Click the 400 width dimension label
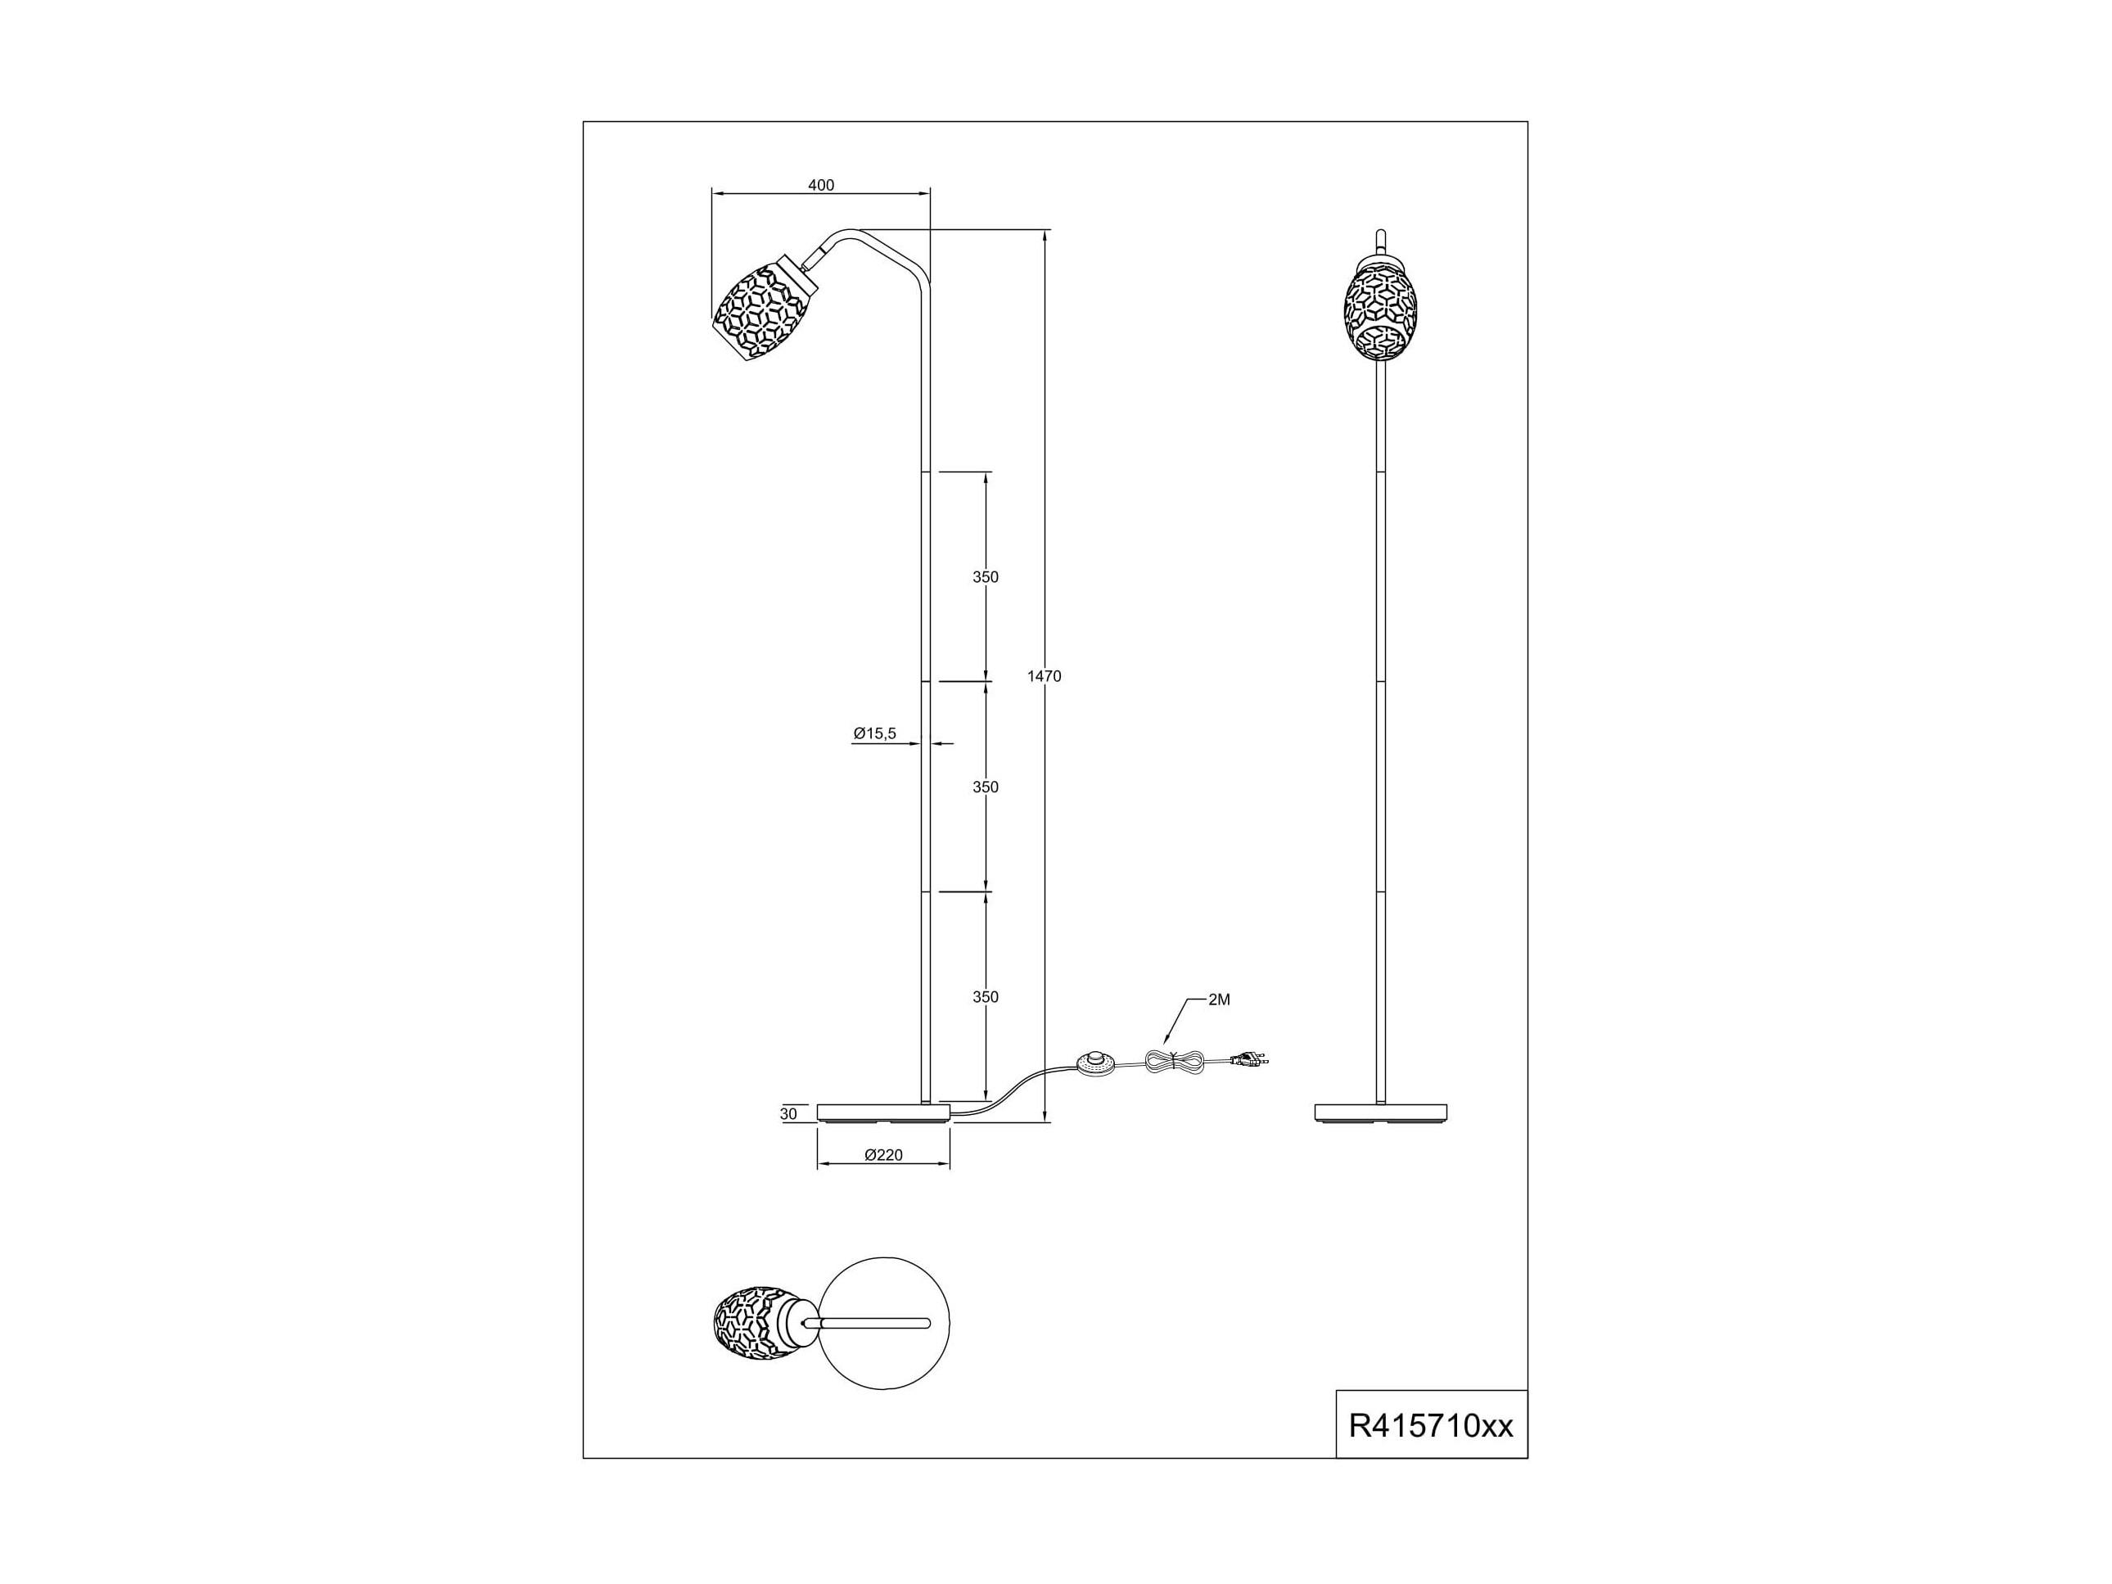[x=821, y=185]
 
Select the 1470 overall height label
[x=1044, y=676]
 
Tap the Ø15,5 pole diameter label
[x=874, y=733]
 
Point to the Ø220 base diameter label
[x=882, y=1155]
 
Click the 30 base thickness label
[x=787, y=1114]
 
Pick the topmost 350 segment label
[x=986, y=576]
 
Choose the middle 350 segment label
[x=986, y=787]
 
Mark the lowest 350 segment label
[x=986, y=997]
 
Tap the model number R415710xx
[x=1430, y=1452]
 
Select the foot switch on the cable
[x=1095, y=1061]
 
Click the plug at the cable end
[x=1252, y=1058]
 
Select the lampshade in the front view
[x=1379, y=311]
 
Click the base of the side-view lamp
[x=884, y=1113]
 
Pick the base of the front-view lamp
[x=1381, y=1113]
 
